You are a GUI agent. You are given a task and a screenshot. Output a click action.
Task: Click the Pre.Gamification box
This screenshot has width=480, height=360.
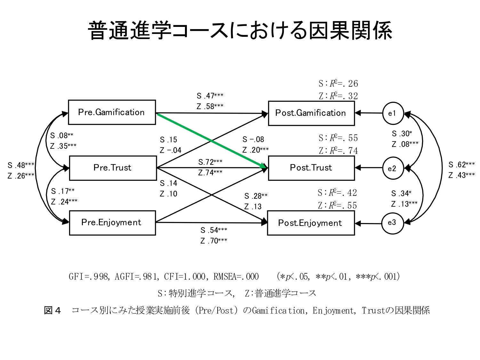[112, 112]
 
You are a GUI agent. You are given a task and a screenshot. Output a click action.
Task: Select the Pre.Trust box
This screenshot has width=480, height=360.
[113, 168]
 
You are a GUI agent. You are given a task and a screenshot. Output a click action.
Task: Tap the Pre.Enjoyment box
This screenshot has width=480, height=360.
[112, 223]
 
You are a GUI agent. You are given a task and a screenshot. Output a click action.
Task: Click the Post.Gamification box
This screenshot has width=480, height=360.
[311, 113]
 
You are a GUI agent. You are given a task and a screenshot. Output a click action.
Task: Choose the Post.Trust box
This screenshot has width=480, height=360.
[311, 168]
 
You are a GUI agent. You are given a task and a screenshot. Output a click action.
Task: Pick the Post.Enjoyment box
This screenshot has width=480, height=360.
[311, 223]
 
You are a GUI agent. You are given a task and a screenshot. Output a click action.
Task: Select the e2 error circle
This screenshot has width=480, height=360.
[393, 168]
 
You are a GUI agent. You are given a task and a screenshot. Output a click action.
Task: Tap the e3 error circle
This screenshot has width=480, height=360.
[392, 223]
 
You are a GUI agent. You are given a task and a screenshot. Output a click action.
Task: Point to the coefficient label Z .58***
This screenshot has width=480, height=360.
[210, 106]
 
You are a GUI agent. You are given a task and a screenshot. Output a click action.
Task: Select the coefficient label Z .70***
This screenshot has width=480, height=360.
[214, 241]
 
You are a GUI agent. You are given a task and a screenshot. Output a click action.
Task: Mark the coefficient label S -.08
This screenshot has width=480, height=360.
[253, 140]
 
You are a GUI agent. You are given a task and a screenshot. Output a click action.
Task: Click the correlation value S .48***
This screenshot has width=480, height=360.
[21, 165]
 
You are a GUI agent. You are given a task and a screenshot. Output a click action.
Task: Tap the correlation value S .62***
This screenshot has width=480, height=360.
[461, 165]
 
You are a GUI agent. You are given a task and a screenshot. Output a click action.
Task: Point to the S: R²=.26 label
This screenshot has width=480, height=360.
[338, 84]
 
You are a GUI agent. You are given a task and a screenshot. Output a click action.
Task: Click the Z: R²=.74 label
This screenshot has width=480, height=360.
[338, 151]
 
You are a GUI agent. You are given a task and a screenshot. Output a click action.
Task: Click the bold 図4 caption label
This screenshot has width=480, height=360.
[52, 310]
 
